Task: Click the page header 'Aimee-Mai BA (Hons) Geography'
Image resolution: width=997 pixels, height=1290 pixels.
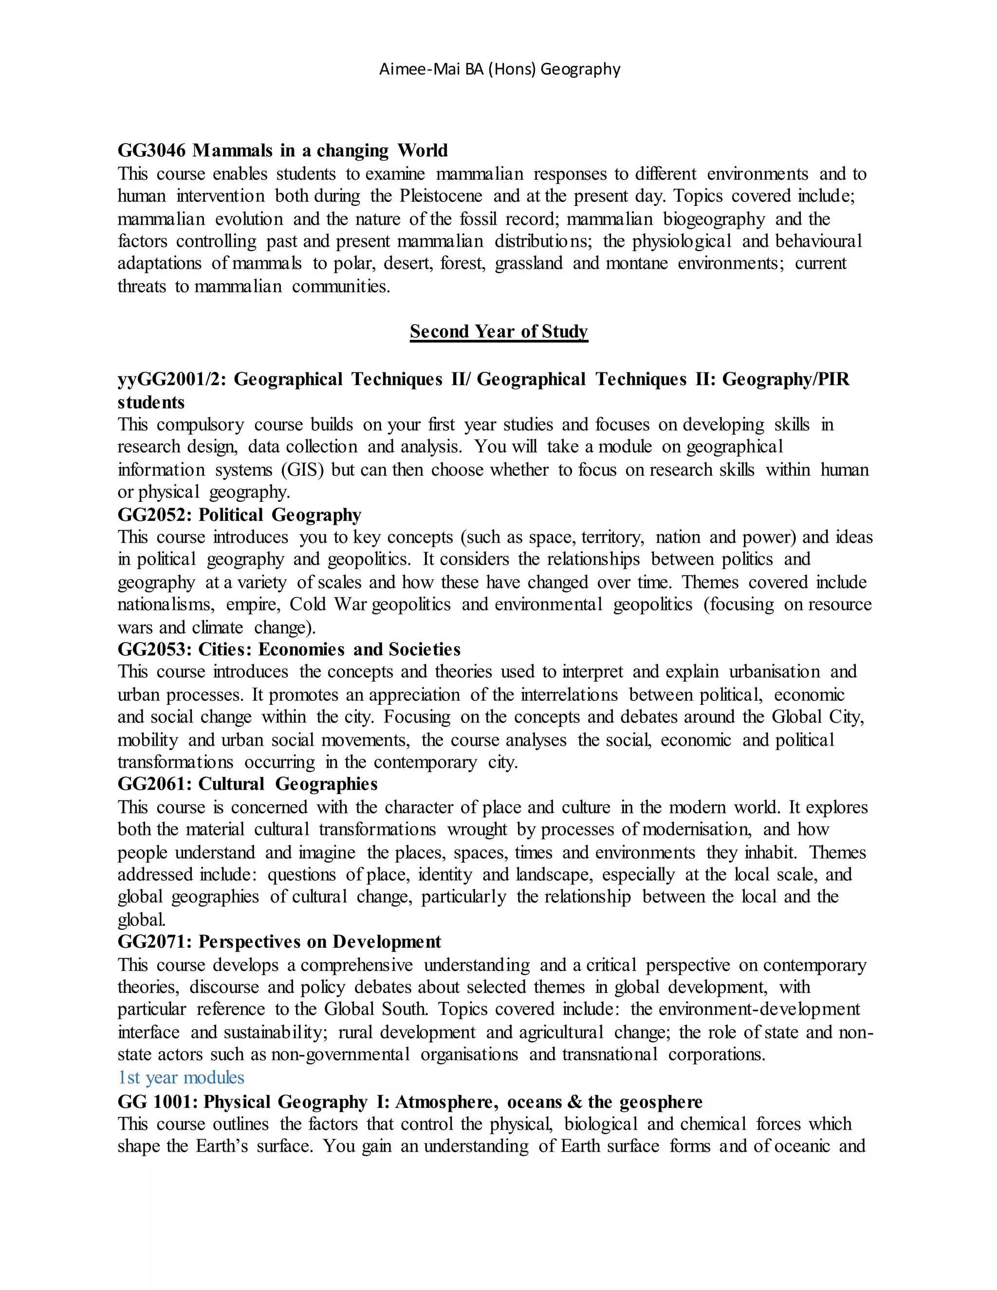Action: [x=499, y=70]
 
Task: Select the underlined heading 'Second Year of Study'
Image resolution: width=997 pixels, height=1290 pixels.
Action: [x=499, y=332]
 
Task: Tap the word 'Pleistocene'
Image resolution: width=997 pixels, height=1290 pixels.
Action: [x=441, y=196]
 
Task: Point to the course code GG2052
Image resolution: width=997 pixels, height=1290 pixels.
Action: [x=155, y=515]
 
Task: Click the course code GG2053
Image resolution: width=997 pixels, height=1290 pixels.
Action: [x=155, y=650]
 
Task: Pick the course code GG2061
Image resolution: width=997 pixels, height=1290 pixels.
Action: [x=155, y=784]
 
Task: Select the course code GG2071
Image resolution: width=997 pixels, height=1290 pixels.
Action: [x=155, y=941]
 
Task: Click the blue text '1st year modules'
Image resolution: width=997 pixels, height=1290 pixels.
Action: [x=181, y=1077]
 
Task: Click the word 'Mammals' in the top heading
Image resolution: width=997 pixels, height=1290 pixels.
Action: [x=234, y=150]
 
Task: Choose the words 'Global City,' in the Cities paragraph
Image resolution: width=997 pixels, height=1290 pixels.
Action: [x=818, y=717]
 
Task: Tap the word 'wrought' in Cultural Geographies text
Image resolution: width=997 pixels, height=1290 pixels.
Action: [x=477, y=830]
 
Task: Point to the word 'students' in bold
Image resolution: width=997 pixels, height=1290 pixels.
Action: [x=151, y=403]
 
